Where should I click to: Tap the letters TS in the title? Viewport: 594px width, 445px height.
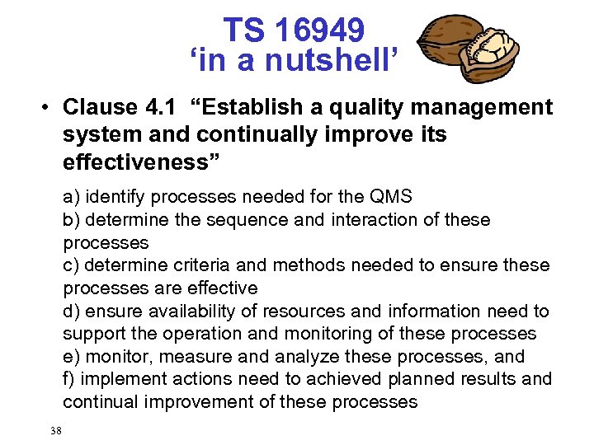(x=244, y=30)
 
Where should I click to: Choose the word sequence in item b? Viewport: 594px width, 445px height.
(x=234, y=220)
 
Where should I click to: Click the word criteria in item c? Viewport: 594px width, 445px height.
(x=199, y=265)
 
